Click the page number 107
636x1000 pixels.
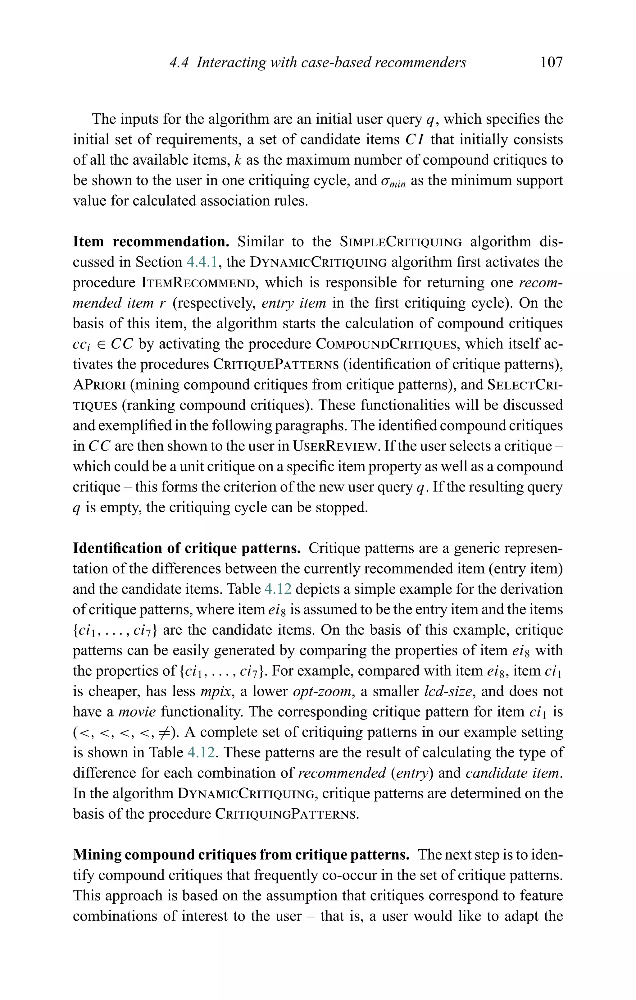[551, 62]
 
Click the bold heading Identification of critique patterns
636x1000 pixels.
[186, 548]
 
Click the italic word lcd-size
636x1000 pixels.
[447, 692]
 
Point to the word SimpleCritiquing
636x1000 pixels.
[401, 242]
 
